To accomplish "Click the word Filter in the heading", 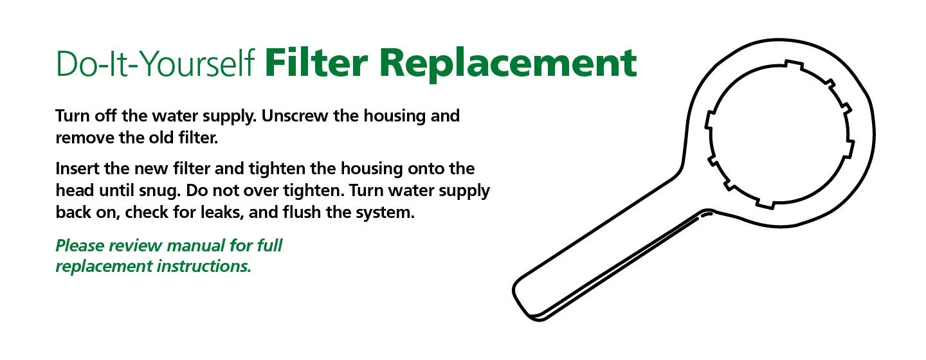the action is [316, 62].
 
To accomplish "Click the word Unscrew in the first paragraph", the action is [295, 116].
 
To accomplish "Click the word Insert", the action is [77, 168].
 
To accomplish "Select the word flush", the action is [302, 212].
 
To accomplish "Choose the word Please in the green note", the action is [80, 246].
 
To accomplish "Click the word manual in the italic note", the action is [197, 246].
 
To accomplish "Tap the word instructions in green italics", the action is [204, 266].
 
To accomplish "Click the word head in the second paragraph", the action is [75, 190].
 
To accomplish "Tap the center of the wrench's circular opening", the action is [779, 134].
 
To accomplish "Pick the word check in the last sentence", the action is [147, 212].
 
